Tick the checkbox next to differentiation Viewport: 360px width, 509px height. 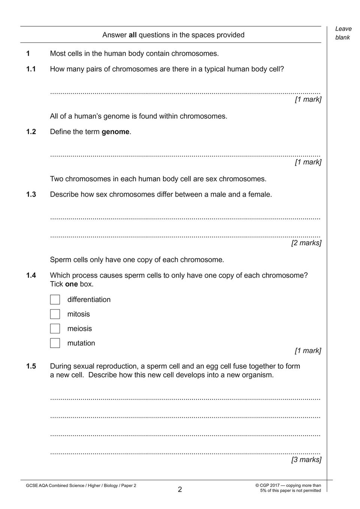click(55, 299)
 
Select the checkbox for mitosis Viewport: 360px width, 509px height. click(55, 314)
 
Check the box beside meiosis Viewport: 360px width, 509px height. click(55, 329)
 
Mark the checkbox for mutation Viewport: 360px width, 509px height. click(55, 343)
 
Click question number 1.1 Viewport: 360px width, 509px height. click(31, 69)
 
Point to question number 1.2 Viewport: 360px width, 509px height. click(31, 132)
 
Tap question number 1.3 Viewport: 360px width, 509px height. click(31, 195)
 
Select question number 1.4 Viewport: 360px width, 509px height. click(31, 275)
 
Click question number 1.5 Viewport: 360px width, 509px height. click(31, 366)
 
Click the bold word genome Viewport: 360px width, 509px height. click(115, 132)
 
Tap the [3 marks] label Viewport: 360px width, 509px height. click(306, 460)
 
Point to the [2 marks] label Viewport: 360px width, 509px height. click(306, 243)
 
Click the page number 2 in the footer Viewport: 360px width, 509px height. click(180, 490)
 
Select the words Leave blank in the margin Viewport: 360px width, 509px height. click(343, 33)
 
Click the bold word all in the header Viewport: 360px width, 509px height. click(133, 35)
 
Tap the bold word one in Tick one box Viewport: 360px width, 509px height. click(71, 284)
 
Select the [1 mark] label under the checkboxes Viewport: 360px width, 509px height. click(308, 351)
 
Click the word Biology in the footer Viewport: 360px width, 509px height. click(111, 486)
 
